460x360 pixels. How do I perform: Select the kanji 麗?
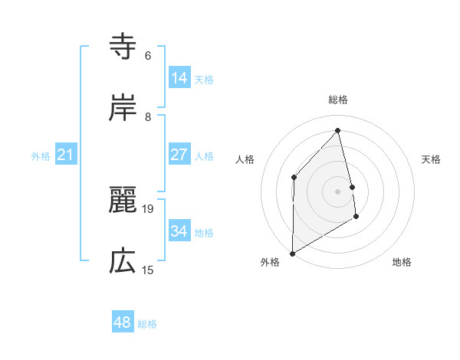click(x=123, y=201)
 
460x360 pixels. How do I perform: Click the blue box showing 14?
click(x=179, y=77)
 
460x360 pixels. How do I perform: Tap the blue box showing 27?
click(x=179, y=155)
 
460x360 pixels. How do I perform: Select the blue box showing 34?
click(x=179, y=231)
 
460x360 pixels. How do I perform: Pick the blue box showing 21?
click(x=66, y=155)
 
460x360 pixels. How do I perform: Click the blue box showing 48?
click(x=123, y=322)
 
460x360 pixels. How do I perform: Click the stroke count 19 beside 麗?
click(x=149, y=208)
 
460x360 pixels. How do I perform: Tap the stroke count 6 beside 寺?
click(x=148, y=55)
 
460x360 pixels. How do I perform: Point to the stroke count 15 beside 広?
click(x=148, y=270)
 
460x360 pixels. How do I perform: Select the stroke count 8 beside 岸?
click(x=148, y=116)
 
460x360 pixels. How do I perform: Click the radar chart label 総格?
click(x=338, y=100)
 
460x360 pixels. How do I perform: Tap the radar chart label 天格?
click(x=432, y=159)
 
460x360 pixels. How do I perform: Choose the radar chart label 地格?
click(x=402, y=263)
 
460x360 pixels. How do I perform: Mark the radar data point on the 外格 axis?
click(x=292, y=253)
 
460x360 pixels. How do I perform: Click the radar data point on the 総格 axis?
click(x=338, y=130)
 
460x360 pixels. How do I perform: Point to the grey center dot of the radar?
click(x=338, y=191)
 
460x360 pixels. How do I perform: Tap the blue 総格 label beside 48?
click(x=147, y=324)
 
